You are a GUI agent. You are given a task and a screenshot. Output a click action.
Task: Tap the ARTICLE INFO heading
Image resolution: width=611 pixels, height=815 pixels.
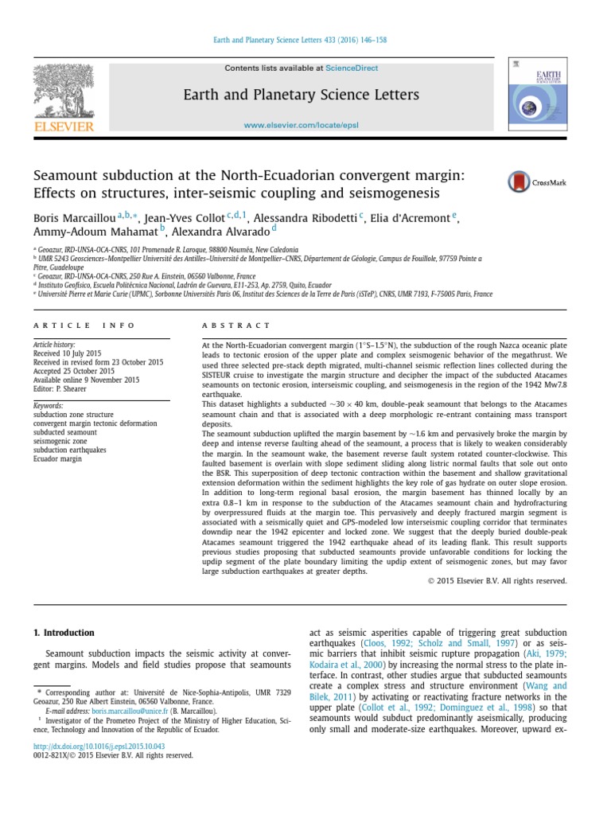84,326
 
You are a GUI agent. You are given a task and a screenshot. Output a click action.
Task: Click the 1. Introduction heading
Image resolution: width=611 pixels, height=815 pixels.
64,633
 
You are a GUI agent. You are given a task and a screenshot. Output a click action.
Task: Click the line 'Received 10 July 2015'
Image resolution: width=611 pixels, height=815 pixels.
71,353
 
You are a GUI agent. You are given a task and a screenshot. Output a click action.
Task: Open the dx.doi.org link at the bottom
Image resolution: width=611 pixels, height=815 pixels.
99,746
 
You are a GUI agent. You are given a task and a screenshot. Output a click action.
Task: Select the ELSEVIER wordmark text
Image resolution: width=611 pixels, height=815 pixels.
63,127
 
